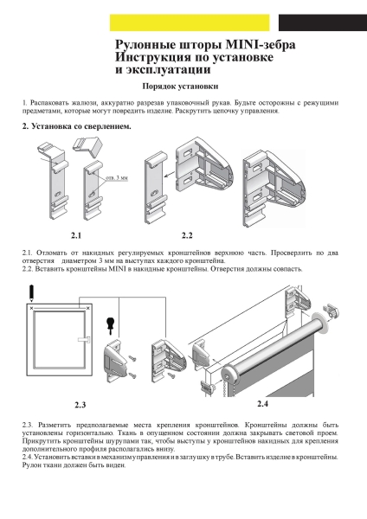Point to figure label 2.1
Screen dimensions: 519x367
[76, 234]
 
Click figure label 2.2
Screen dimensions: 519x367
[187, 234]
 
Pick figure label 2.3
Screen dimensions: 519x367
[80, 404]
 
